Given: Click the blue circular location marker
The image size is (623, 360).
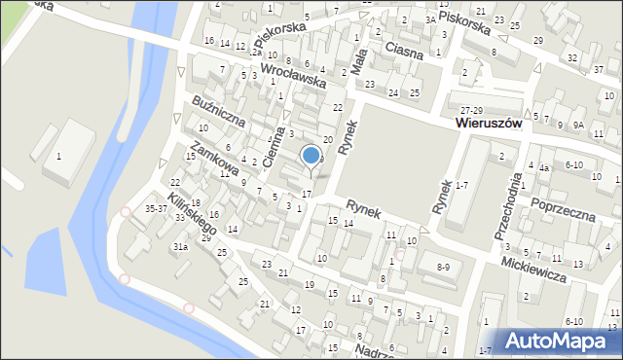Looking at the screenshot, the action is [311, 155].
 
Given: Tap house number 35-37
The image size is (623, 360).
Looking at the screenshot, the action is [156, 208].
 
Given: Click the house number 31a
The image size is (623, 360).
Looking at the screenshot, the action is [180, 247].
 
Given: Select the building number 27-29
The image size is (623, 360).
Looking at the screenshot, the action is [472, 111].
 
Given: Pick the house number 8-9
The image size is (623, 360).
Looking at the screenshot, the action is [444, 266].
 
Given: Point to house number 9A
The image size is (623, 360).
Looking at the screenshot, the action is [578, 125].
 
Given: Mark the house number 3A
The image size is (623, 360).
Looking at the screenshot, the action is [430, 19].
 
